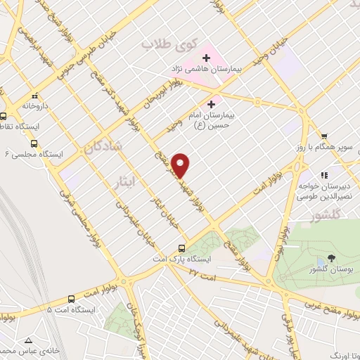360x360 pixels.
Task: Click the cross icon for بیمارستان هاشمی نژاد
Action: (x=206, y=58)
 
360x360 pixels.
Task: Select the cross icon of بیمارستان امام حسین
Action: (x=212, y=104)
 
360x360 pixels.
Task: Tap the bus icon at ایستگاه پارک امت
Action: (x=182, y=248)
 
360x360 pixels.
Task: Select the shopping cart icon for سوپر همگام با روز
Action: (x=324, y=136)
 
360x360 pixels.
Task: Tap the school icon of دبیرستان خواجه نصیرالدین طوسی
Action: (x=324, y=175)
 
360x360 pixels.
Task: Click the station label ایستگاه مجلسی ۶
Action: (x=34, y=153)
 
